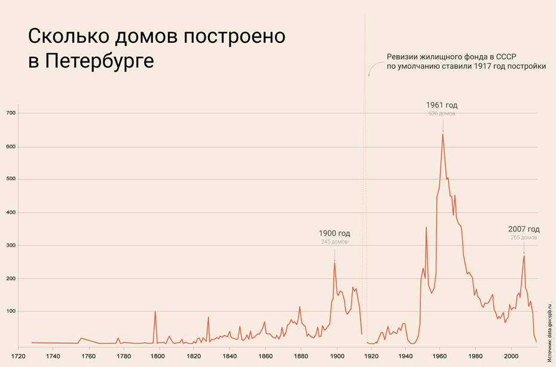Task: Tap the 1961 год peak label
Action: [x=442, y=105]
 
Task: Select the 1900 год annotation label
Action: [x=334, y=233]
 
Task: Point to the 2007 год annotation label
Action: [x=524, y=229]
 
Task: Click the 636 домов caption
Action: [x=442, y=113]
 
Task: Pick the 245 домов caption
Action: [x=334, y=242]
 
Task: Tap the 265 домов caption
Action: [x=524, y=238]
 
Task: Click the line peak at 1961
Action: [x=442, y=134]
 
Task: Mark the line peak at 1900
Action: [x=334, y=263]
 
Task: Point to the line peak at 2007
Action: [x=524, y=256]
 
